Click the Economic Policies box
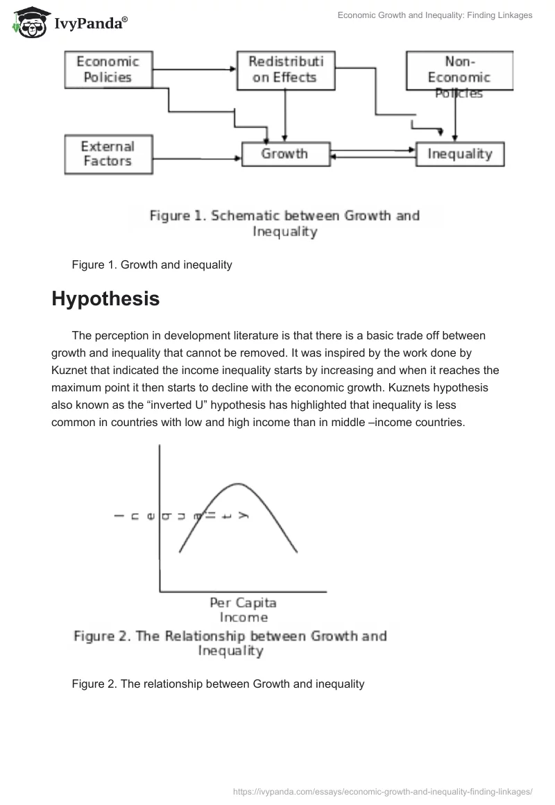(108, 69)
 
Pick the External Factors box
(108, 154)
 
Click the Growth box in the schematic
(284, 154)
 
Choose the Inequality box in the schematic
(459, 154)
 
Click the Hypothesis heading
(105, 299)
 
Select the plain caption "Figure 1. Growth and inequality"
(151, 264)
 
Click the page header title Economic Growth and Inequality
(435, 15)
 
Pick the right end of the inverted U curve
(297, 552)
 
